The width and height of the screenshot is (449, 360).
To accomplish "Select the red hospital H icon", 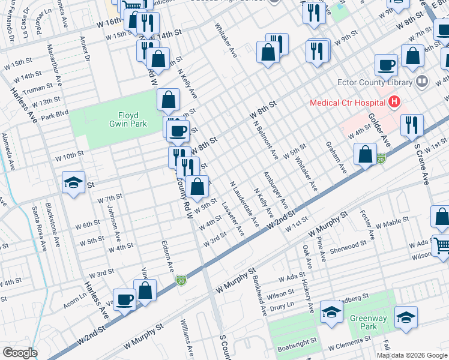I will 394,103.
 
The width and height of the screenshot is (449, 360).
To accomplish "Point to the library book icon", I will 422,81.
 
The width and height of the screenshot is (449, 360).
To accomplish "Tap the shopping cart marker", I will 442,245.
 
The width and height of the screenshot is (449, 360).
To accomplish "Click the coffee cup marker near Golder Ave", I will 387,64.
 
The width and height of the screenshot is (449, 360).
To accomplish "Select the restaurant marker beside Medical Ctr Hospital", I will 411,125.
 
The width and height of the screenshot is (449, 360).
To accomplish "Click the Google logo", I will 19,352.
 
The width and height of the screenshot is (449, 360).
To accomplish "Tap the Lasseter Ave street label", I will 232,217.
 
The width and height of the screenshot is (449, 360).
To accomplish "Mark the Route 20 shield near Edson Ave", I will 182,280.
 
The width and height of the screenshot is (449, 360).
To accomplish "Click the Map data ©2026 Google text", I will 411,355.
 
